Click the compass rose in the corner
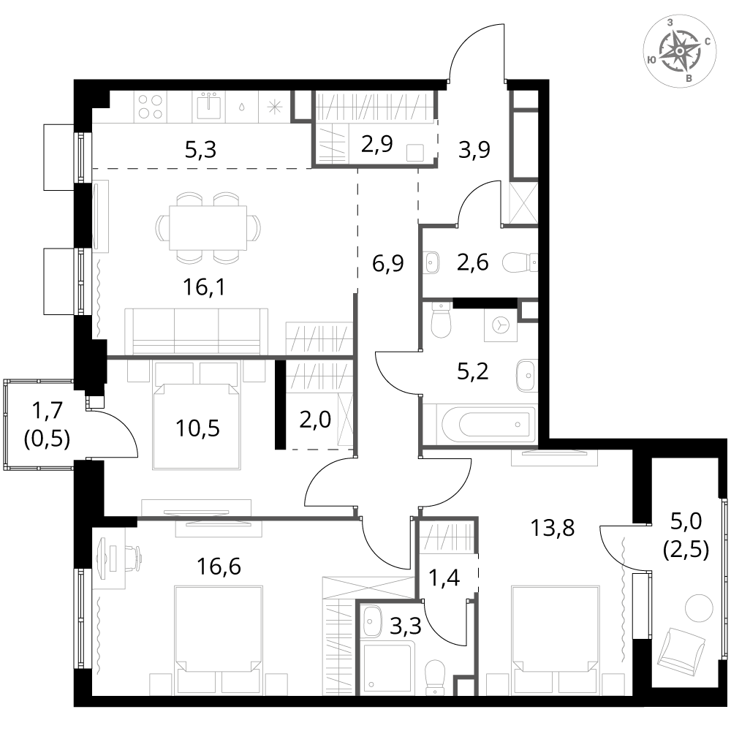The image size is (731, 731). (x=680, y=50)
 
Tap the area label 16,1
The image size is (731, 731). (x=204, y=287)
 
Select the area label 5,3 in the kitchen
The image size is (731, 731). (x=201, y=150)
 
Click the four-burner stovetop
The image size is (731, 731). (x=151, y=107)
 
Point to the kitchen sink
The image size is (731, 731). (x=209, y=107)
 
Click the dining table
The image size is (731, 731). (x=208, y=228)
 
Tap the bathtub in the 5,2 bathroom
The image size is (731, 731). (x=486, y=423)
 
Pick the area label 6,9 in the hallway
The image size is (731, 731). (x=388, y=263)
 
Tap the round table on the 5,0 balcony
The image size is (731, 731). (x=699, y=608)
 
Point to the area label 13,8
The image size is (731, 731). (x=553, y=529)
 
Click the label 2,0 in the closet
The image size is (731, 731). (x=315, y=420)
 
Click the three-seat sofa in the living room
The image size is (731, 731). (x=196, y=331)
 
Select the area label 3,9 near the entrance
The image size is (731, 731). (x=474, y=149)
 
